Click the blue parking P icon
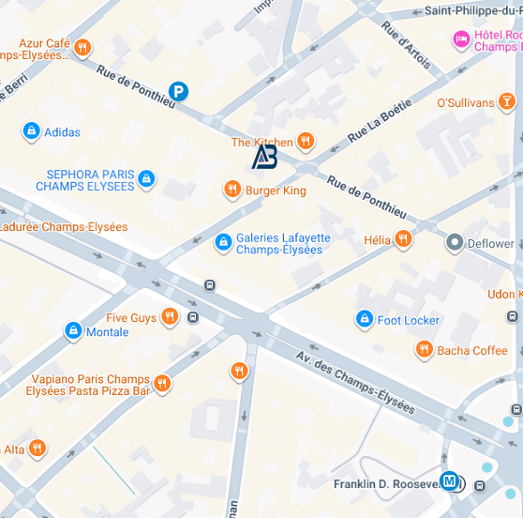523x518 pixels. [x=178, y=91]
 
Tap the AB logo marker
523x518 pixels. [x=264, y=158]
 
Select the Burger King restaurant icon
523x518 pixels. [x=232, y=190]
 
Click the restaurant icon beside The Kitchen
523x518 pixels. [x=306, y=142]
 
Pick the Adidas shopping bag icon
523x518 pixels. [x=31, y=131]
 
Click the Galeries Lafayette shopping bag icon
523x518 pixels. [x=223, y=243]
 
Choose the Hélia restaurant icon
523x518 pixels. [x=403, y=239]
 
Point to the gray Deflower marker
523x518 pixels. [x=455, y=243]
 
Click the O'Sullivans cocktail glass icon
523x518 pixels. [x=506, y=101]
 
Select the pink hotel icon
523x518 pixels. [x=461, y=39]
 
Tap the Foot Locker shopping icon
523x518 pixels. [x=364, y=320]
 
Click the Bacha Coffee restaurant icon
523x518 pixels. [x=424, y=350]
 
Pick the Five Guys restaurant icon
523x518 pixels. [x=170, y=317]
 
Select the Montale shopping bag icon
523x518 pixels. [x=73, y=331]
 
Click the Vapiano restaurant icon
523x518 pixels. [x=162, y=383]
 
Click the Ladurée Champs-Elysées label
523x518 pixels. [x=64, y=227]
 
